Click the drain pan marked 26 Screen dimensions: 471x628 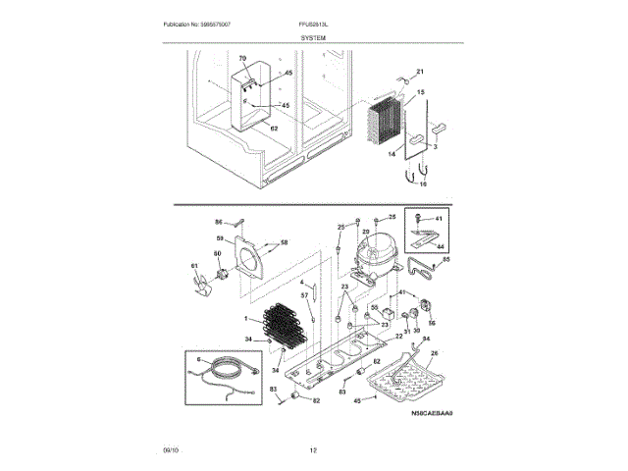click(x=411, y=377)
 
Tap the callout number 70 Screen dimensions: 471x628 click(x=242, y=61)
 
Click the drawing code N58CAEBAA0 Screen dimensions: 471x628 click(x=433, y=414)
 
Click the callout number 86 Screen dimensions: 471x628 click(x=220, y=223)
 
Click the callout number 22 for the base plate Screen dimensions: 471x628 click(x=398, y=336)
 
